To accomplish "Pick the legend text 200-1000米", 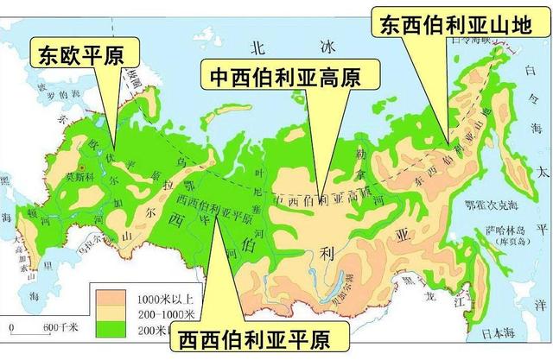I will (x=162, y=313).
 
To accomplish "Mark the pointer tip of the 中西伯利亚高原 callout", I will (x=320, y=199).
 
